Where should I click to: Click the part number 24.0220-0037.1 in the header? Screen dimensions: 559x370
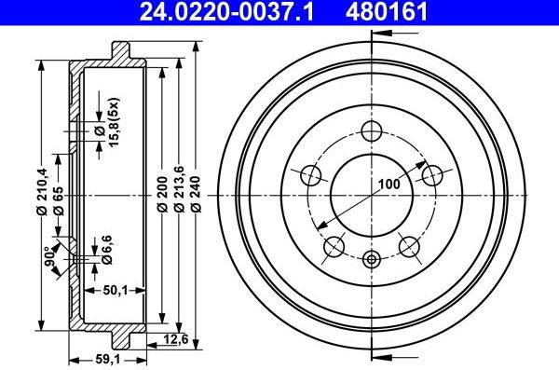(x=226, y=11)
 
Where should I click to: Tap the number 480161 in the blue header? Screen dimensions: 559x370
(x=386, y=11)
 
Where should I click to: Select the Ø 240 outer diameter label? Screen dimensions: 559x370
(x=196, y=194)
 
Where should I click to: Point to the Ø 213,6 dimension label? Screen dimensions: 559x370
(x=179, y=189)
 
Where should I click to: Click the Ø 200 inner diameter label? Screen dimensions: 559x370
(x=162, y=194)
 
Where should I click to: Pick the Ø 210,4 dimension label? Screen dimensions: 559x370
(x=43, y=191)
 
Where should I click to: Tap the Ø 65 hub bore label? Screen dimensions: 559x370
(x=59, y=200)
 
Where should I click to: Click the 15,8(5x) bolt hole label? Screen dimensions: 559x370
(x=114, y=122)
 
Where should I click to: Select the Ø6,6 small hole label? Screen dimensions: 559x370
(x=106, y=250)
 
